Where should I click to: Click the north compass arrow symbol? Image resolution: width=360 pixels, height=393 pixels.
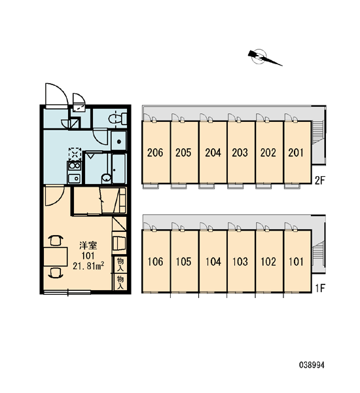click(x=264, y=58)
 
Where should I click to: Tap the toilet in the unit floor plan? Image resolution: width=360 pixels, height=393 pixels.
click(x=118, y=119)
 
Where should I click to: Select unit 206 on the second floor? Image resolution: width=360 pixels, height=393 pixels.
click(x=156, y=152)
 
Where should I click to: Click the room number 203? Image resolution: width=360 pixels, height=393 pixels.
click(x=240, y=153)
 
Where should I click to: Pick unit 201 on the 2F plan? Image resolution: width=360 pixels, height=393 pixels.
click(x=297, y=152)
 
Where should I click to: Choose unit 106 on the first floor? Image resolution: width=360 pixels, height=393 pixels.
click(x=156, y=261)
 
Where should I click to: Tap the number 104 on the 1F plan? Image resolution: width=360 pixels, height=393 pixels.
click(x=213, y=261)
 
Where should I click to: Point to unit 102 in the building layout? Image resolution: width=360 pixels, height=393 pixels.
click(x=269, y=261)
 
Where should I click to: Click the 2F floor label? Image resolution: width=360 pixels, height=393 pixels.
click(x=320, y=180)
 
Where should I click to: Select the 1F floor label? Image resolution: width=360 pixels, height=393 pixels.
click(x=320, y=288)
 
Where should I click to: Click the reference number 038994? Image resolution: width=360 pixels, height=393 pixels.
click(x=312, y=365)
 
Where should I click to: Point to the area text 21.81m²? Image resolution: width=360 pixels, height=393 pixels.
click(x=88, y=266)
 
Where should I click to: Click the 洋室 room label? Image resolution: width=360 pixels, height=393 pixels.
click(x=88, y=246)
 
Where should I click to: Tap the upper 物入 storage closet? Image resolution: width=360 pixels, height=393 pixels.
click(x=120, y=265)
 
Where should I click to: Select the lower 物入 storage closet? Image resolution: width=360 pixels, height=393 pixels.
click(x=120, y=282)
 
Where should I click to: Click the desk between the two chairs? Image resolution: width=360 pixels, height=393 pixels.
click(x=56, y=256)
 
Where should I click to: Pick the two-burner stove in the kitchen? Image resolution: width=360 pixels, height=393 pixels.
click(x=75, y=166)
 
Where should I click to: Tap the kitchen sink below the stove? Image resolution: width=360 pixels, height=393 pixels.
click(x=75, y=178)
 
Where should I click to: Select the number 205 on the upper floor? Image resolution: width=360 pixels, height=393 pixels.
click(x=183, y=153)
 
